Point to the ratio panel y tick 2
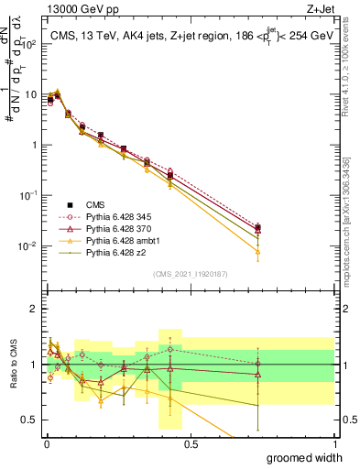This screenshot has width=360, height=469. [x=35, y=309]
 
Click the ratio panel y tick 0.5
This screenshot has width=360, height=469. [x=30, y=420]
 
